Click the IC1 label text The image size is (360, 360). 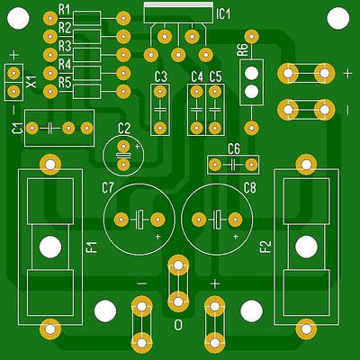coord(222,14)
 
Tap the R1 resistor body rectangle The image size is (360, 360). coord(87,18)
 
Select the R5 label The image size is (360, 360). coord(65,83)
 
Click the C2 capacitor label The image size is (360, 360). coord(124,129)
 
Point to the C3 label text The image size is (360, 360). coord(160,77)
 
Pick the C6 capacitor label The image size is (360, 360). coord(233,148)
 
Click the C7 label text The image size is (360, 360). coord(108,188)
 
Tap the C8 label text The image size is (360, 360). coord(249,188)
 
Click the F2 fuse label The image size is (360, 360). coord(265,247)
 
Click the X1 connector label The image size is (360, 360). coord(31,82)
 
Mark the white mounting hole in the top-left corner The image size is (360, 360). coord(18,18)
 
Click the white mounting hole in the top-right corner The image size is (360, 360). coord(338,18)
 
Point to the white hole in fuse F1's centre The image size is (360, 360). coord(50,247)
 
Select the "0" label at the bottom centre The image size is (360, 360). coord(178,324)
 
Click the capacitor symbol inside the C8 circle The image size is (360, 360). coord(217,220)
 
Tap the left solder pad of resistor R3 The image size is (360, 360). coord(50,55)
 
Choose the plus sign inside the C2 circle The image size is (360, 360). coord(138,147)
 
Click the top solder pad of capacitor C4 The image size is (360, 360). coord(196,92)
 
